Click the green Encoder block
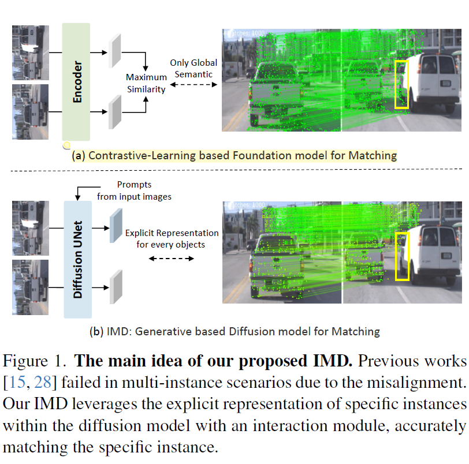click(x=76, y=81)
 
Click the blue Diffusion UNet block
click(x=78, y=259)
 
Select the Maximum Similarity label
click(x=146, y=83)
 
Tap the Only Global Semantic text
click(x=193, y=69)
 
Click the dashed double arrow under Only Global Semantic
click(x=193, y=85)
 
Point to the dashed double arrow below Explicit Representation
click(x=172, y=259)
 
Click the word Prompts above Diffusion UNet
click(x=135, y=185)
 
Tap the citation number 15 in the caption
click(x=17, y=382)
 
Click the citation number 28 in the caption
click(x=43, y=382)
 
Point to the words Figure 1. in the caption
click(x=35, y=361)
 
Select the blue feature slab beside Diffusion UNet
click(x=116, y=226)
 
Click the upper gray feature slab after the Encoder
click(x=115, y=51)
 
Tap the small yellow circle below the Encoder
click(x=66, y=145)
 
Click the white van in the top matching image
click(x=431, y=82)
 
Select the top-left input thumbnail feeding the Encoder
click(x=31, y=53)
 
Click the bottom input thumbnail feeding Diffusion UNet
click(x=30, y=287)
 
